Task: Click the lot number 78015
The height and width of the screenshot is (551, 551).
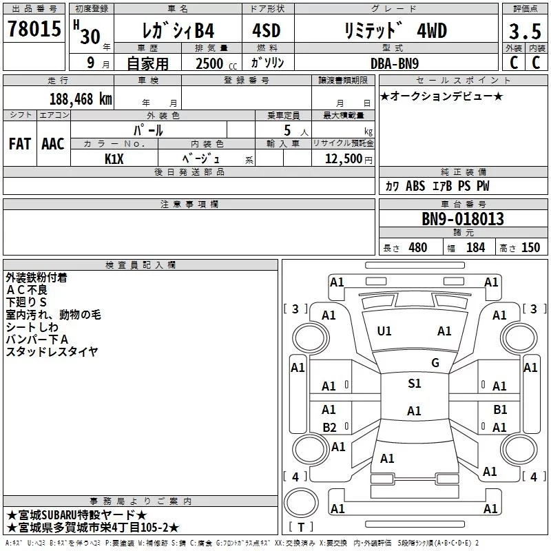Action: tap(34, 28)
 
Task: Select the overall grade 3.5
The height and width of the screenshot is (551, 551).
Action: tap(525, 31)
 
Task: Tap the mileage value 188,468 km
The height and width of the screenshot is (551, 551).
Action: tap(81, 99)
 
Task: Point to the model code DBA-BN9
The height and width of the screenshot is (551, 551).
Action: tap(395, 63)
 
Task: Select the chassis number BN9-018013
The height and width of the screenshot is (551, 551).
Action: tap(463, 218)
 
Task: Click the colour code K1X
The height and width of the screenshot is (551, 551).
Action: tap(114, 159)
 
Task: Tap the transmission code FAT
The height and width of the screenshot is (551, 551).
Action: tap(20, 144)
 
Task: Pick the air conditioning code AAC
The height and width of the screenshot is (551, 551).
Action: tap(53, 144)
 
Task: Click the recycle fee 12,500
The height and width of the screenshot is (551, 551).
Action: tap(344, 159)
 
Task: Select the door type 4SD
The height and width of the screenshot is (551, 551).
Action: tap(267, 30)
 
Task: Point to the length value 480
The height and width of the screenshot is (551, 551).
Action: tap(418, 247)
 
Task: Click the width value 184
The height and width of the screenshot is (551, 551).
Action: tap(476, 247)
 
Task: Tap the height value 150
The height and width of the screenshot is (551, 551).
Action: tap(530, 247)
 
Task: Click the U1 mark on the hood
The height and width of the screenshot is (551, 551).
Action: tap(384, 331)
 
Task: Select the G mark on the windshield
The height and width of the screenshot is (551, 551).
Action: tap(435, 363)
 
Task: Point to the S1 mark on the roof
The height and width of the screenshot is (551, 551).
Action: tap(415, 384)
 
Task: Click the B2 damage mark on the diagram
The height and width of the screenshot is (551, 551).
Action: tap(329, 427)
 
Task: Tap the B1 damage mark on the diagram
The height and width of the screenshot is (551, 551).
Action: tap(500, 410)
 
